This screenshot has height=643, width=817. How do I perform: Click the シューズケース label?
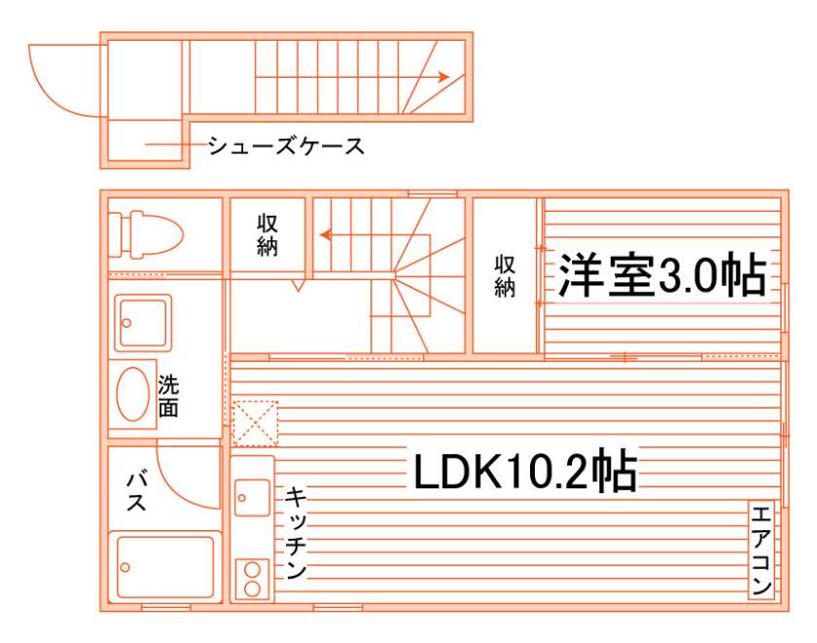(x=286, y=147)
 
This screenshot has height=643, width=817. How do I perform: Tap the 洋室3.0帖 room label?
(x=660, y=277)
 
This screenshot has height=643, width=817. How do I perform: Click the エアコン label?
(x=762, y=550)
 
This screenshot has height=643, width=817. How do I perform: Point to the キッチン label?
(x=296, y=534)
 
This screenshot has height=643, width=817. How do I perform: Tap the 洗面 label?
(x=168, y=395)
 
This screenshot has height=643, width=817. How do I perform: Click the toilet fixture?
(x=146, y=234)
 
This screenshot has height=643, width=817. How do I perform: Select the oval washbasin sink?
(x=133, y=394)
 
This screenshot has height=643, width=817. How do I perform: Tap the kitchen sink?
(x=252, y=499)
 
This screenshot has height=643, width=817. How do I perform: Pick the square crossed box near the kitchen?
(x=255, y=423)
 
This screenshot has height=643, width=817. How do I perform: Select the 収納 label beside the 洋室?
(x=504, y=275)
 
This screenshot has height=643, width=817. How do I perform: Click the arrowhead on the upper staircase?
(x=443, y=76)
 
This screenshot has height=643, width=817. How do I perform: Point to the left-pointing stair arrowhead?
(x=325, y=234)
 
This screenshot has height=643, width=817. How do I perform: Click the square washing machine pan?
(x=143, y=322)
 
